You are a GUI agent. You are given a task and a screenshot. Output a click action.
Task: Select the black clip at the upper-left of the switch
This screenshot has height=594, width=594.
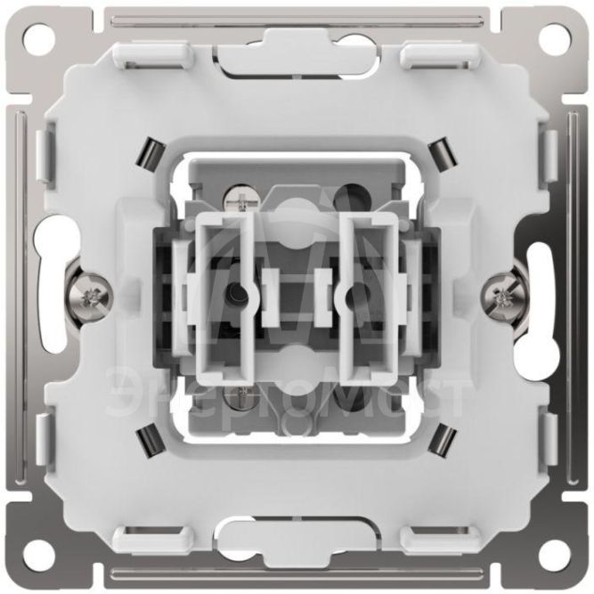150,152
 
